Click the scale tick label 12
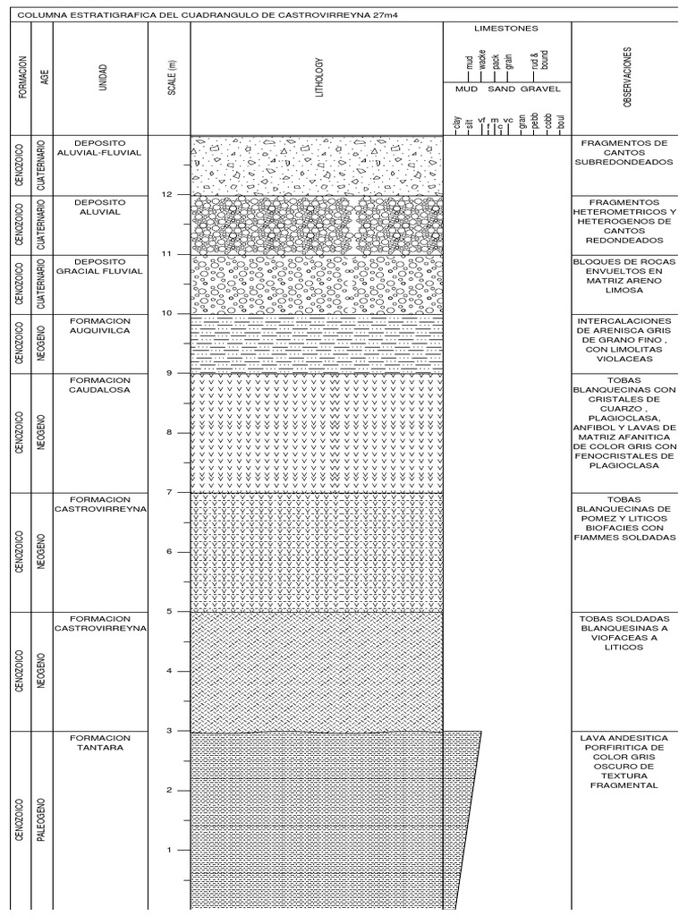[x=165, y=194]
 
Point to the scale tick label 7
[x=168, y=492]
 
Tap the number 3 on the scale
[x=168, y=731]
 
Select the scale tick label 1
[x=168, y=850]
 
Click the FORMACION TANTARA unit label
[x=99, y=742]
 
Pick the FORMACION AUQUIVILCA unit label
[x=99, y=325]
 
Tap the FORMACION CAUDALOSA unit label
[x=99, y=385]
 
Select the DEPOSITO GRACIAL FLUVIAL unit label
[x=99, y=266]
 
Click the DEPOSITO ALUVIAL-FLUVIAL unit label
[x=99, y=147]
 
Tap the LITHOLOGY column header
[x=317, y=77]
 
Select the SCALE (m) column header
[x=171, y=77]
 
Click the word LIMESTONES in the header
[x=506, y=29]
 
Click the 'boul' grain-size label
[x=560, y=124]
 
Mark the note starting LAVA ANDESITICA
[x=623, y=760]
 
